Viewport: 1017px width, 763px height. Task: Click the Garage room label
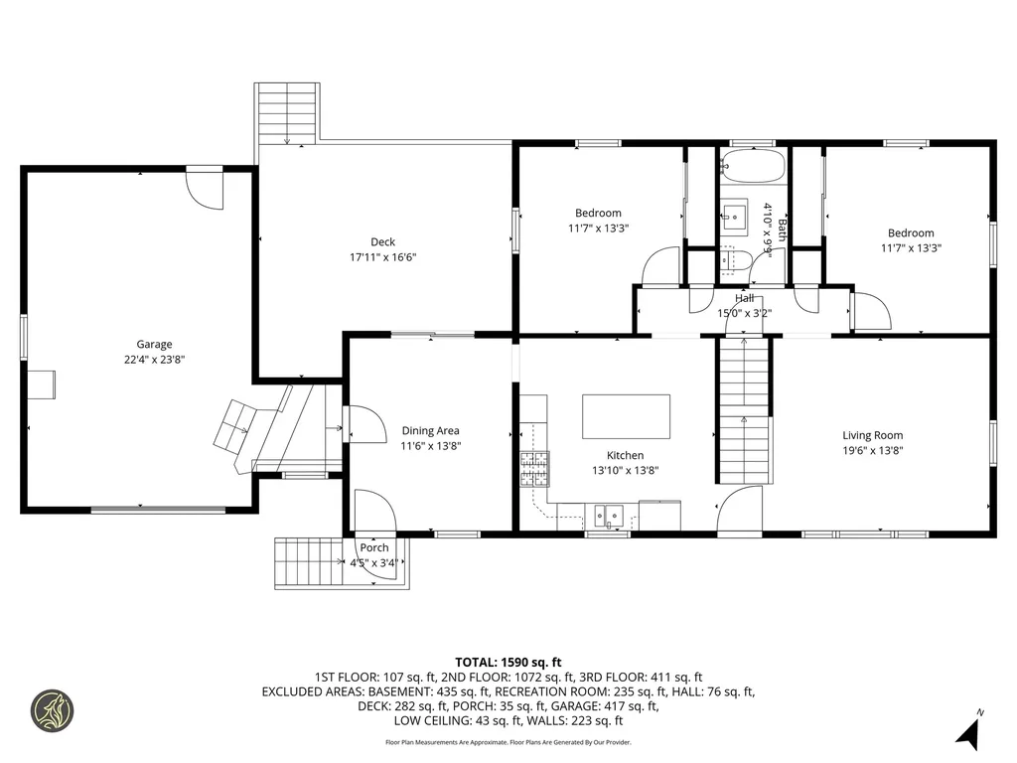tap(154, 345)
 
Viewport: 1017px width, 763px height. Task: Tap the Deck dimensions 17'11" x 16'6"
tap(382, 257)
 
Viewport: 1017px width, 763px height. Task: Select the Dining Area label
tap(431, 430)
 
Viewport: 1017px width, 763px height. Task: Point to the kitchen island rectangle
tap(626, 416)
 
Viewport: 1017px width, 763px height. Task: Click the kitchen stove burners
tap(534, 469)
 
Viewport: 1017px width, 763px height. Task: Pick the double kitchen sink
tap(609, 516)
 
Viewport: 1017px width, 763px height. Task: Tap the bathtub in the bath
tap(754, 166)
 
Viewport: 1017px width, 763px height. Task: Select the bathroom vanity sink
tap(735, 215)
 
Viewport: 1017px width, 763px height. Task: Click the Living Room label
tap(872, 435)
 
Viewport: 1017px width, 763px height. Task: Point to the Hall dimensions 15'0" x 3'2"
tap(744, 313)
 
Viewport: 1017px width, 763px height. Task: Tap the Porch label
tap(374, 547)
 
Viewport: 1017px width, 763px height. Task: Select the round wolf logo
tap(53, 711)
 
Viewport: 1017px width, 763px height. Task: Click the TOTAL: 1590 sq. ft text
tap(508, 663)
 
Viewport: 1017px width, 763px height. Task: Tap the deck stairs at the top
tap(287, 113)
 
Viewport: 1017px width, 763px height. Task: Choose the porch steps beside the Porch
tap(309, 562)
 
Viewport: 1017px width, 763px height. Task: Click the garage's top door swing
tap(205, 190)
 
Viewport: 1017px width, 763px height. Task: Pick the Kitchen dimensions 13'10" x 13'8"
tap(626, 470)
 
